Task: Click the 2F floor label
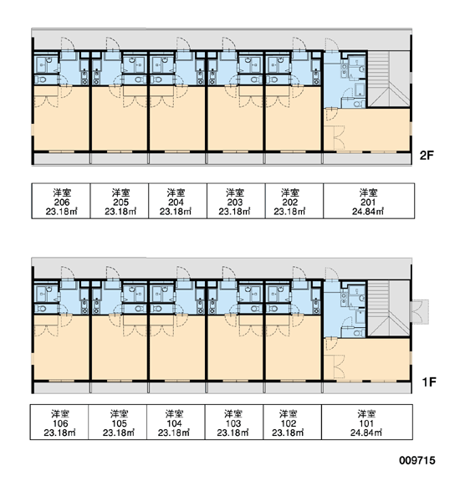coord(427,156)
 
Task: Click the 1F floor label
coord(428,382)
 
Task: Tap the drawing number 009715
coord(417,460)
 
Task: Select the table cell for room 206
coord(61,201)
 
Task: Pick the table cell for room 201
coord(369,201)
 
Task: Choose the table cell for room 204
coord(177,201)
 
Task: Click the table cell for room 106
coord(59,423)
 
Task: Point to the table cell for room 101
coord(367,423)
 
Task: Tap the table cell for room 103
coord(234,423)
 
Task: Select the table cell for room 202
coord(294,201)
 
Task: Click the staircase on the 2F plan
coord(388,79)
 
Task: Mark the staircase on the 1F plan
coord(388,308)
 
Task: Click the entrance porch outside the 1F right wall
coord(420,312)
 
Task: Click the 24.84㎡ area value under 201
coord(368,212)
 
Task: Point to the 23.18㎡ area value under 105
coord(119,433)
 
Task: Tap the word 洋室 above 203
coord(235,192)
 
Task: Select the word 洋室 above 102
coord(289,414)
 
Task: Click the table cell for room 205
coord(120,201)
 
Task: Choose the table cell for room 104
coord(176,423)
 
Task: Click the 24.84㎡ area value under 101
coord(366,433)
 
